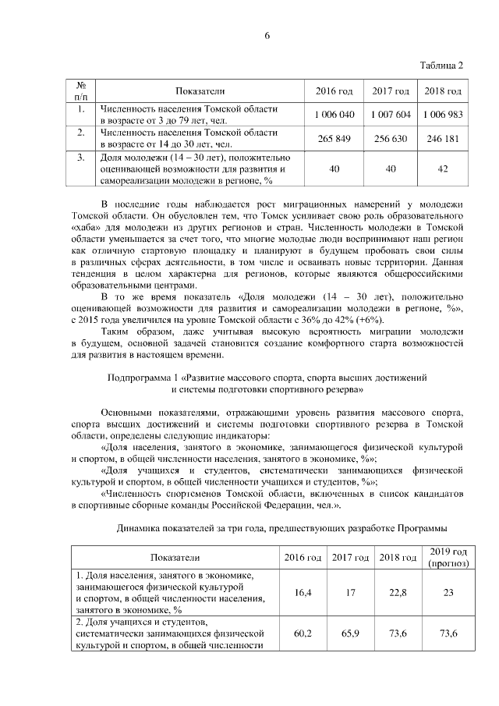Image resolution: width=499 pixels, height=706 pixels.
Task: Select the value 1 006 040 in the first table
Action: point(334,114)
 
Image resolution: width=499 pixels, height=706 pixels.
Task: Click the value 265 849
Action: point(334,138)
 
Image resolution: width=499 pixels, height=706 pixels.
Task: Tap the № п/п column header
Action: point(80,90)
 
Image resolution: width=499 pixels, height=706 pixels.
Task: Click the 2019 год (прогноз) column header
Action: point(448,557)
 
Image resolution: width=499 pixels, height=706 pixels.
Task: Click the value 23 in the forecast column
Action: point(448,593)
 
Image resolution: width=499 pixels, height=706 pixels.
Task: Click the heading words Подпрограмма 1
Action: point(141,378)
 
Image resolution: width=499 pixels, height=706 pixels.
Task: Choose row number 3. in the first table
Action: point(80,157)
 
